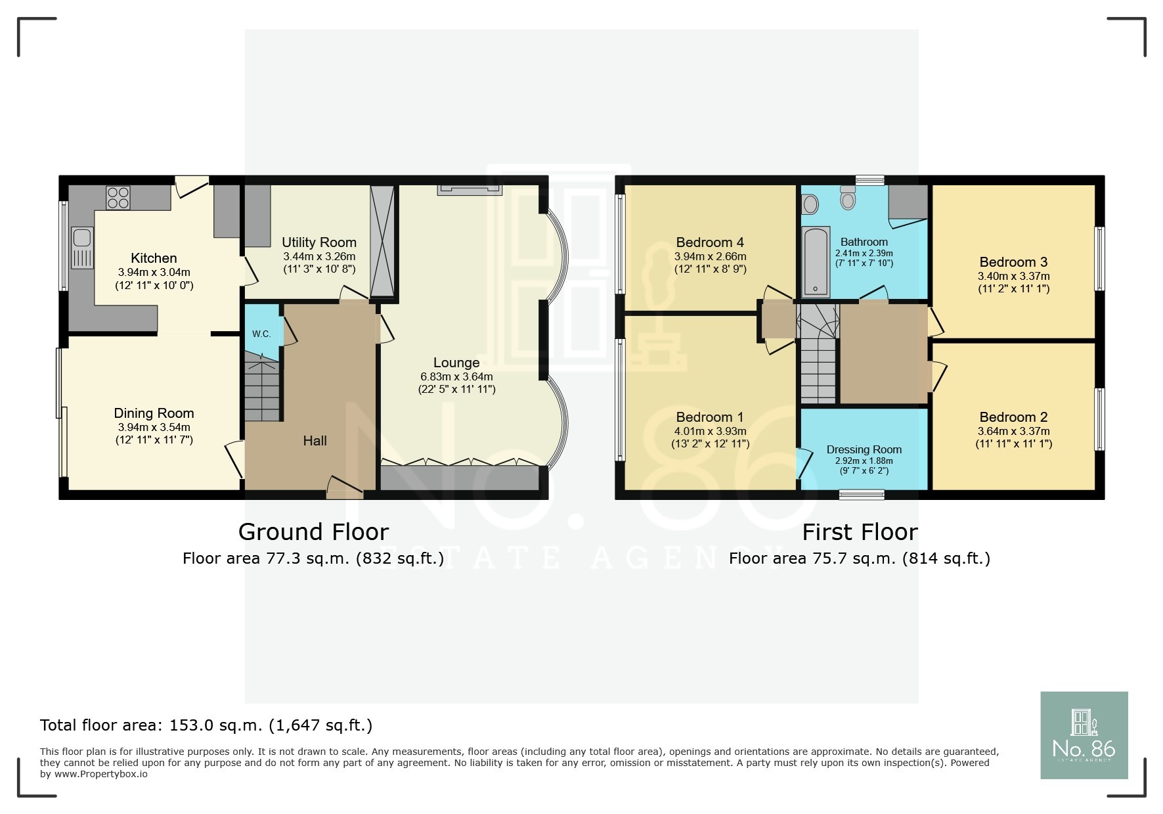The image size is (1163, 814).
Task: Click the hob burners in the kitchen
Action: point(118,197)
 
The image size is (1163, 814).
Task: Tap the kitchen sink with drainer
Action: point(83,248)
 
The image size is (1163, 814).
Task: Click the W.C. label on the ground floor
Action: point(261,334)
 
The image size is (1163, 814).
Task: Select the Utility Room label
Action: point(319,242)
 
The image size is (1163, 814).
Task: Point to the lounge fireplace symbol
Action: point(470,190)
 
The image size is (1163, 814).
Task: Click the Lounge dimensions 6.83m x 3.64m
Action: point(456,377)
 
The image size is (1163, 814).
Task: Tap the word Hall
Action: point(315,441)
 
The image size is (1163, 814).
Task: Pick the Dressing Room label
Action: point(864,449)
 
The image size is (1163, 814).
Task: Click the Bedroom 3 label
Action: point(1013,262)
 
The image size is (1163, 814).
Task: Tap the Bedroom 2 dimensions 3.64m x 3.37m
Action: point(1013,432)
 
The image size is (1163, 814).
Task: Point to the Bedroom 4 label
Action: point(710,242)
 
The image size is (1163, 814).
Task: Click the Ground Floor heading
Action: point(313,531)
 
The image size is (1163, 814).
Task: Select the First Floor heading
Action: point(860,531)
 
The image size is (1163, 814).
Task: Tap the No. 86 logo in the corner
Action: point(1084,735)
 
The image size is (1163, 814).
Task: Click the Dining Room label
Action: point(154,413)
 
